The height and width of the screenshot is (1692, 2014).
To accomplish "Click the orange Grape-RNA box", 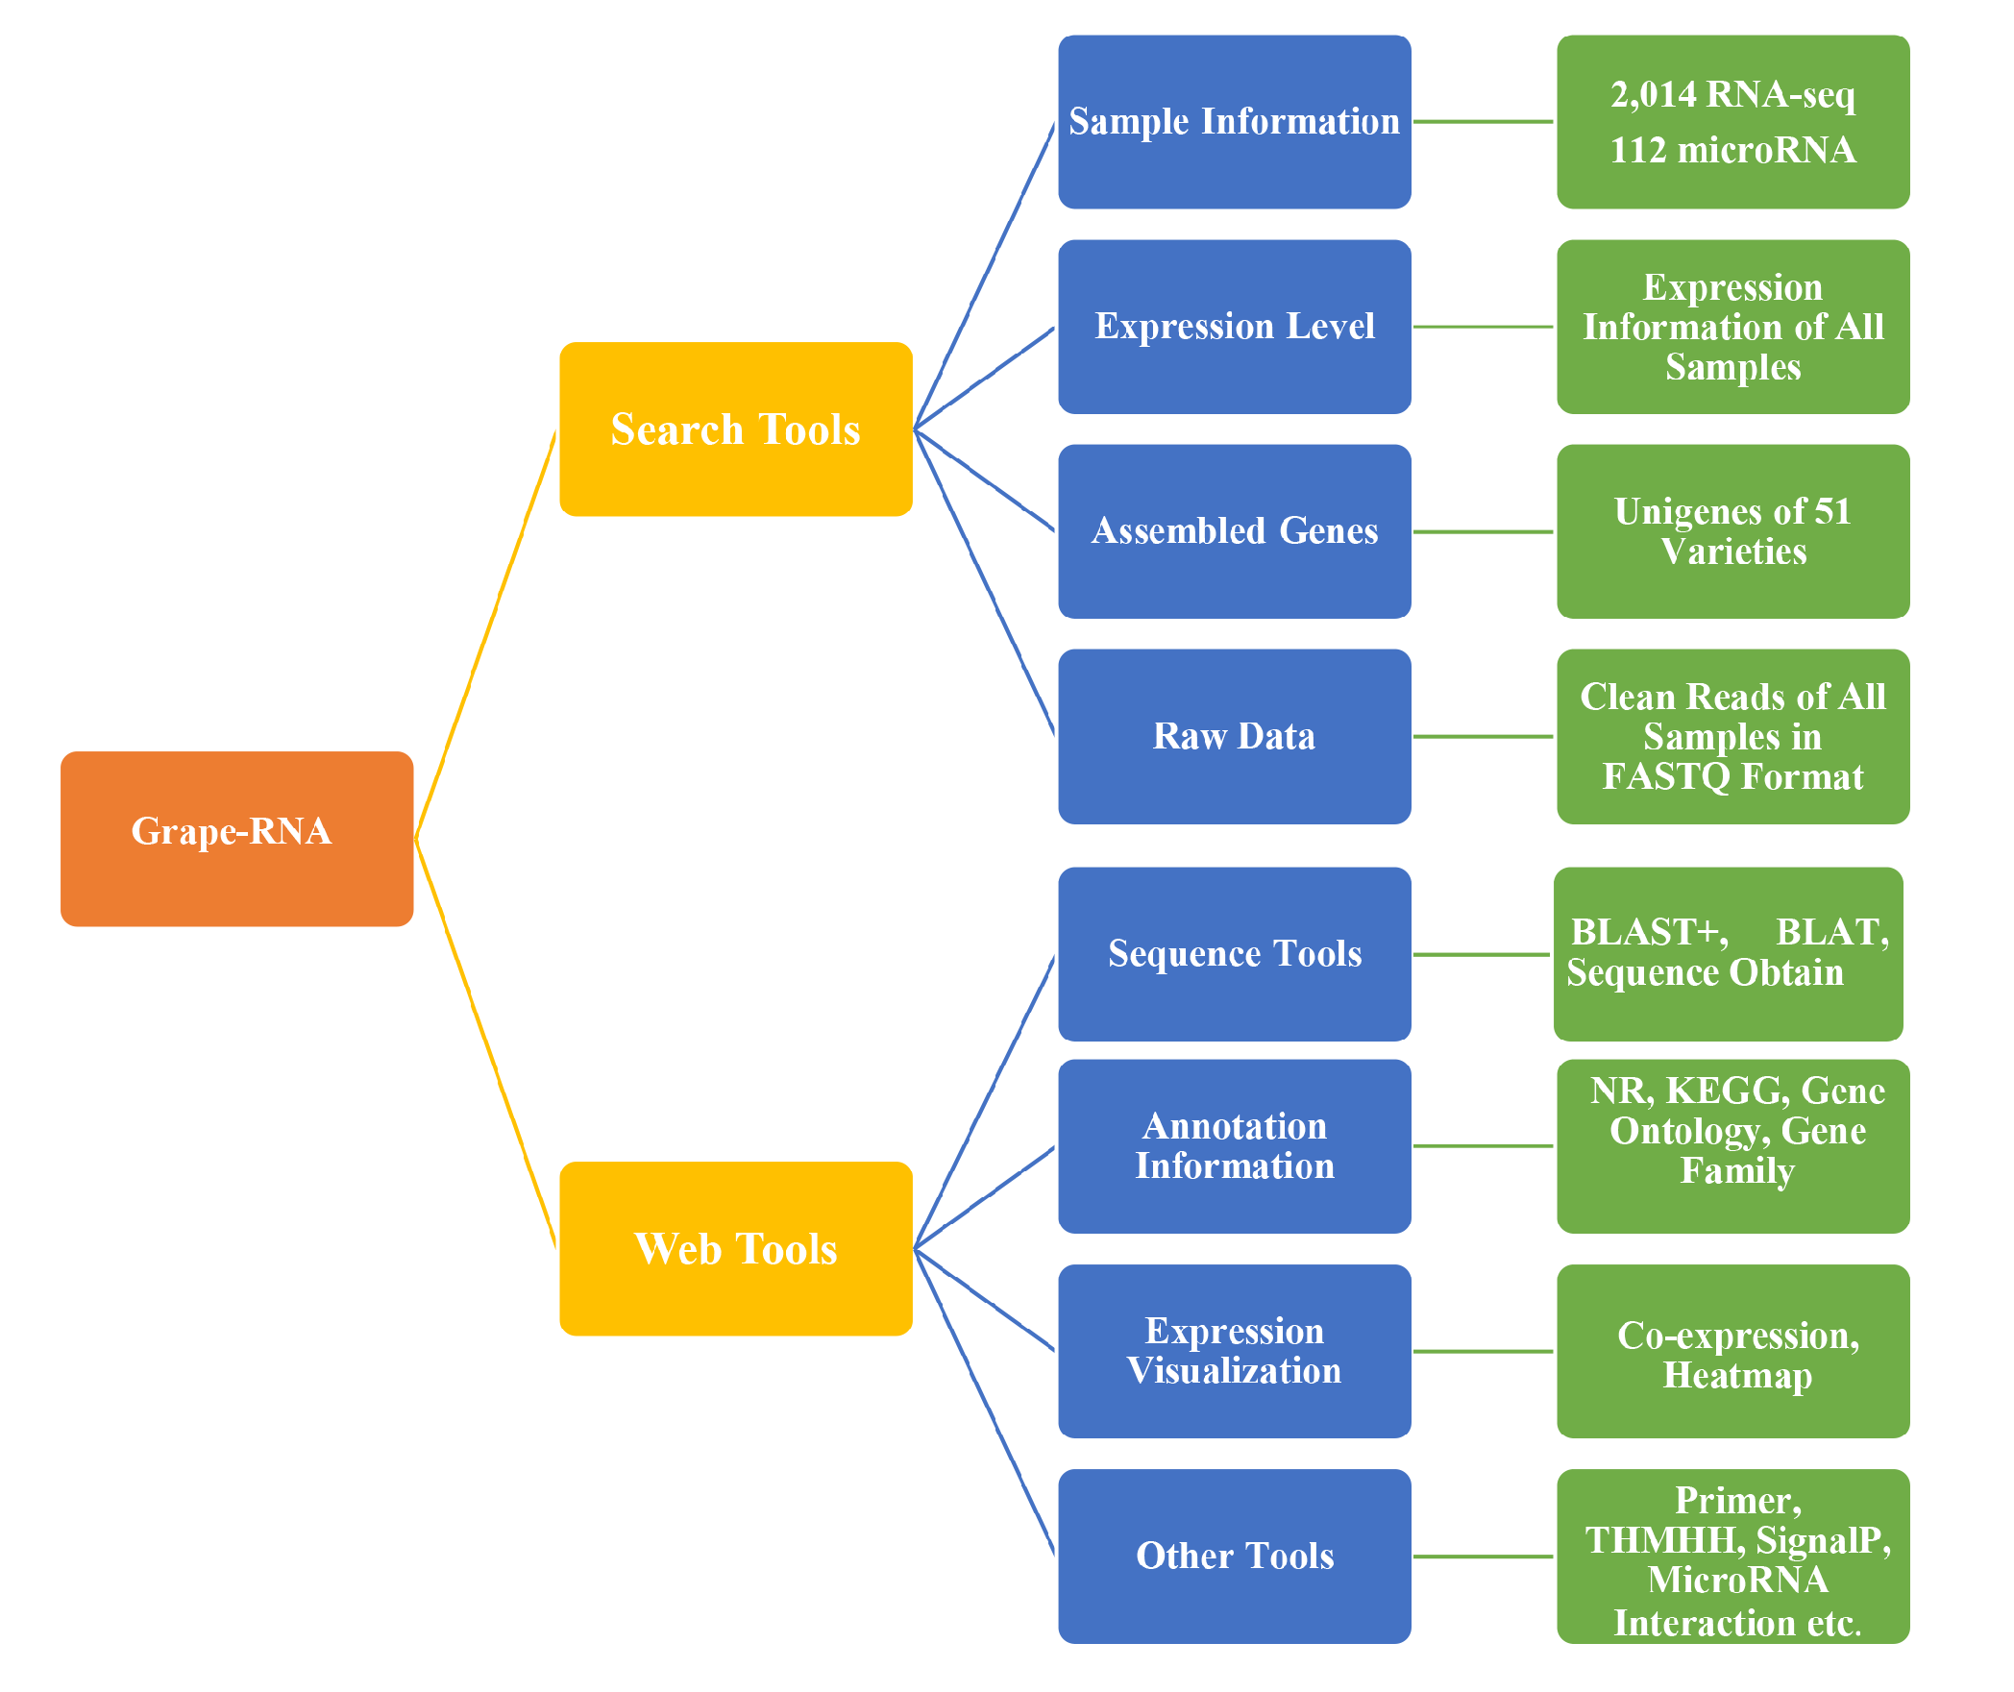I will (x=236, y=838).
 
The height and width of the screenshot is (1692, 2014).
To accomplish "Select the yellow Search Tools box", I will (x=735, y=429).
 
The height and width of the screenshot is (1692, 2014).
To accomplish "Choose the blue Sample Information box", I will (x=1234, y=122).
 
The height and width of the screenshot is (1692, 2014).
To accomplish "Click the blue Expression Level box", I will (x=1234, y=327).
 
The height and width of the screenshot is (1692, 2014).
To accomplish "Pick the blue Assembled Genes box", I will (x=1234, y=530).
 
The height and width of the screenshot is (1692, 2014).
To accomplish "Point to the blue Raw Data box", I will (x=1234, y=736).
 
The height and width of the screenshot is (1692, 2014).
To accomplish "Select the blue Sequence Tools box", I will (x=1234, y=953).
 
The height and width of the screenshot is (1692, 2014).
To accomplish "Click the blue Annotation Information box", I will (x=1234, y=1145).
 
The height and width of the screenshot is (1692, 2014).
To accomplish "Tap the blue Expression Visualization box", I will (x=1234, y=1350).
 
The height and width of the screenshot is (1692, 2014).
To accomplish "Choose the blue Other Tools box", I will (x=1234, y=1555).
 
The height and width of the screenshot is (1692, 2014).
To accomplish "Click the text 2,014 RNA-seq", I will (x=1732, y=94).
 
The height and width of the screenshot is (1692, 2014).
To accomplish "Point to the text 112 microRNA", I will (x=1732, y=150).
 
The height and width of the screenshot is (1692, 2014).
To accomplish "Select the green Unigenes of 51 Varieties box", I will (x=1732, y=530).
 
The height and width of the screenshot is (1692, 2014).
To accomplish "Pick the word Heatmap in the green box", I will (x=1737, y=1375).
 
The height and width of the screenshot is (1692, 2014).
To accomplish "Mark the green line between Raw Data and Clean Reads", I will (x=1483, y=737).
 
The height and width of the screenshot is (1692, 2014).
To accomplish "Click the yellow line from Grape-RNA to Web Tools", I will (x=485, y=1042).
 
